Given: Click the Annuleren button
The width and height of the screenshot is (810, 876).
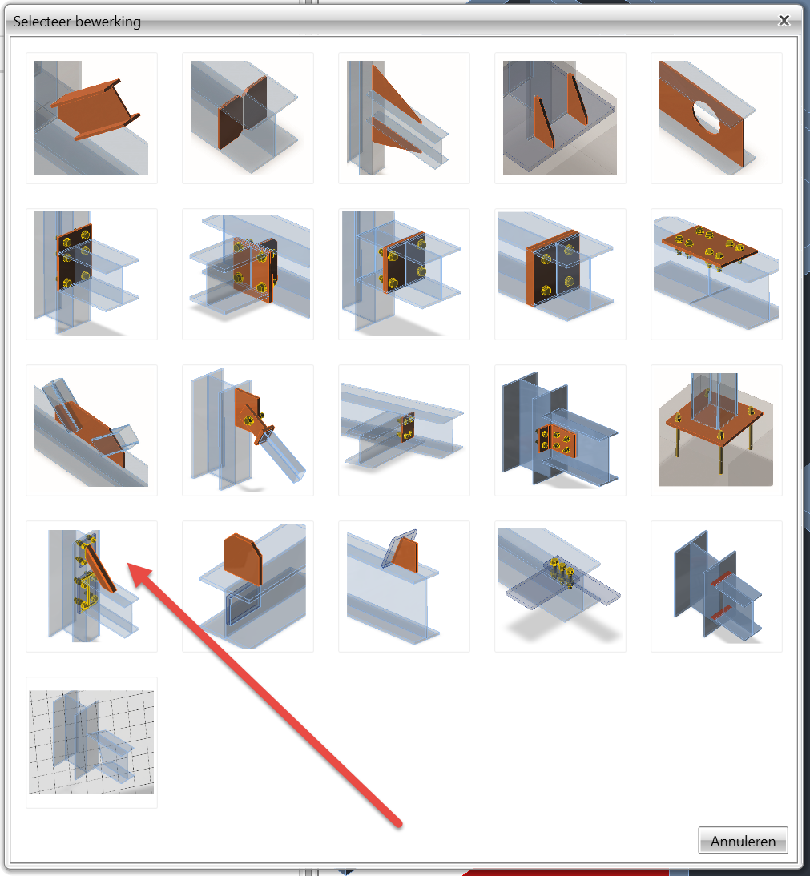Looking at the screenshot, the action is click(743, 840).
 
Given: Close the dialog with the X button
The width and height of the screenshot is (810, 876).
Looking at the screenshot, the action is click(784, 21).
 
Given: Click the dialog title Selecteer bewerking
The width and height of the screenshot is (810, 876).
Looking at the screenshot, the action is click(77, 22).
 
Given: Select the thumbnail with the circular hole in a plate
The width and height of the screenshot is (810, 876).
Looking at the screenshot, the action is click(716, 118).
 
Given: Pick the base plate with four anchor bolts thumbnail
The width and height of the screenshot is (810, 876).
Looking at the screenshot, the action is click(716, 430).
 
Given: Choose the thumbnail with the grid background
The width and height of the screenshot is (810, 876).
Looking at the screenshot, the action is click(91, 742).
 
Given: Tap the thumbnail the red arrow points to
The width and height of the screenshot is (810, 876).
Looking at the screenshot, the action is click(91, 586).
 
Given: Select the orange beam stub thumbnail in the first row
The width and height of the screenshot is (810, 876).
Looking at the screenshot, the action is click(91, 118).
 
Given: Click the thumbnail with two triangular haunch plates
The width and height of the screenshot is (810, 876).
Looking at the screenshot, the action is click(404, 118).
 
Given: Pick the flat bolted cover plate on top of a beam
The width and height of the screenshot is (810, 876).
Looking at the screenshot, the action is click(716, 274).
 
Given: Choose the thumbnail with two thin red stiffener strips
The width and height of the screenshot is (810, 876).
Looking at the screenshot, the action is click(716, 586).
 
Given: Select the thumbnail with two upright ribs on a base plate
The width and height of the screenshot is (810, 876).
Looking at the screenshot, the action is click(560, 118).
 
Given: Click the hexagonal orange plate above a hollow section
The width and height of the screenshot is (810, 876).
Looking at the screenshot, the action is click(248, 586).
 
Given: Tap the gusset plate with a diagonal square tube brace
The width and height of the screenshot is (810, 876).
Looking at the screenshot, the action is click(248, 430).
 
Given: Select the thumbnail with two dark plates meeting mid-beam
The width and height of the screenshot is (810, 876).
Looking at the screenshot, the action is click(248, 118).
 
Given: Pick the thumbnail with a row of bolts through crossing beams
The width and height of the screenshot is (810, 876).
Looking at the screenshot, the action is click(560, 586).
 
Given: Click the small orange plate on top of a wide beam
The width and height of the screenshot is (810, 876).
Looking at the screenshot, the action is click(404, 586).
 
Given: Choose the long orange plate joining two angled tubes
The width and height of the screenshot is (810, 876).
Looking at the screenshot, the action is click(91, 430).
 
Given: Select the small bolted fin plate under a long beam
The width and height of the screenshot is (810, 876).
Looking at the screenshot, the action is click(404, 430).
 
